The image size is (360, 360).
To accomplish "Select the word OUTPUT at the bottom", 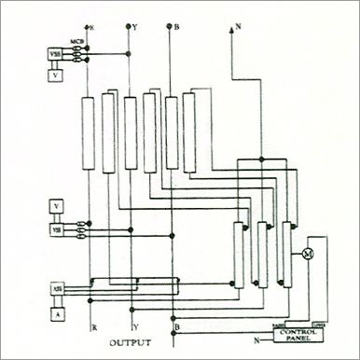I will click(130, 343).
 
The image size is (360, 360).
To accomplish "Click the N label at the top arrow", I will click(240, 28).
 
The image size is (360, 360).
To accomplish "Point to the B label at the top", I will click(176, 28).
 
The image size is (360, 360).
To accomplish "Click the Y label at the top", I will click(138, 28).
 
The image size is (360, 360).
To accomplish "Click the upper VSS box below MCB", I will click(56, 55).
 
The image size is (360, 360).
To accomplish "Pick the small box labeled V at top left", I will click(56, 74).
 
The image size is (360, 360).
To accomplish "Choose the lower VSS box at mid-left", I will click(56, 228).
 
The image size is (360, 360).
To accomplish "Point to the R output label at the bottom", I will click(94, 327).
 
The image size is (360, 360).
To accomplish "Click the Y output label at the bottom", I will click(136, 327).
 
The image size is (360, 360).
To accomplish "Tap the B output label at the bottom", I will click(176, 327).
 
